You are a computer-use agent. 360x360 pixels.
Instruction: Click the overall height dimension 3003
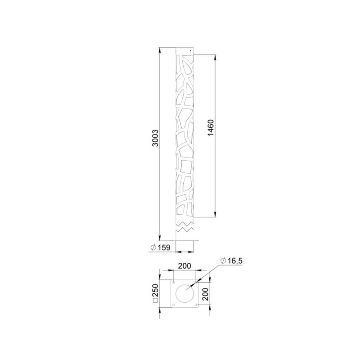tap(155, 138)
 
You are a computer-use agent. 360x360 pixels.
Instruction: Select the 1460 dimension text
tap(211, 128)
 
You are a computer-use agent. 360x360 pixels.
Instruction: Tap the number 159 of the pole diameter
tap(164, 248)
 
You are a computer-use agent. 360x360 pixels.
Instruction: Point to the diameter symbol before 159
tap(153, 247)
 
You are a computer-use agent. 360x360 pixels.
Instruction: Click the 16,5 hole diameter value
tap(234, 261)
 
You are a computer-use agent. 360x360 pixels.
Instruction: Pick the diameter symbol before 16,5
tap(223, 261)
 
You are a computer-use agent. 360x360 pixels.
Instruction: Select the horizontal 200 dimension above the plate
tap(184, 265)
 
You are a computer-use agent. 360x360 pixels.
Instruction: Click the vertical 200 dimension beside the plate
tap(206, 294)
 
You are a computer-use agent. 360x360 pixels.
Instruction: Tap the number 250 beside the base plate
tap(155, 290)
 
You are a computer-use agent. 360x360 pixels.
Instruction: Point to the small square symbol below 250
tap(155, 301)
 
